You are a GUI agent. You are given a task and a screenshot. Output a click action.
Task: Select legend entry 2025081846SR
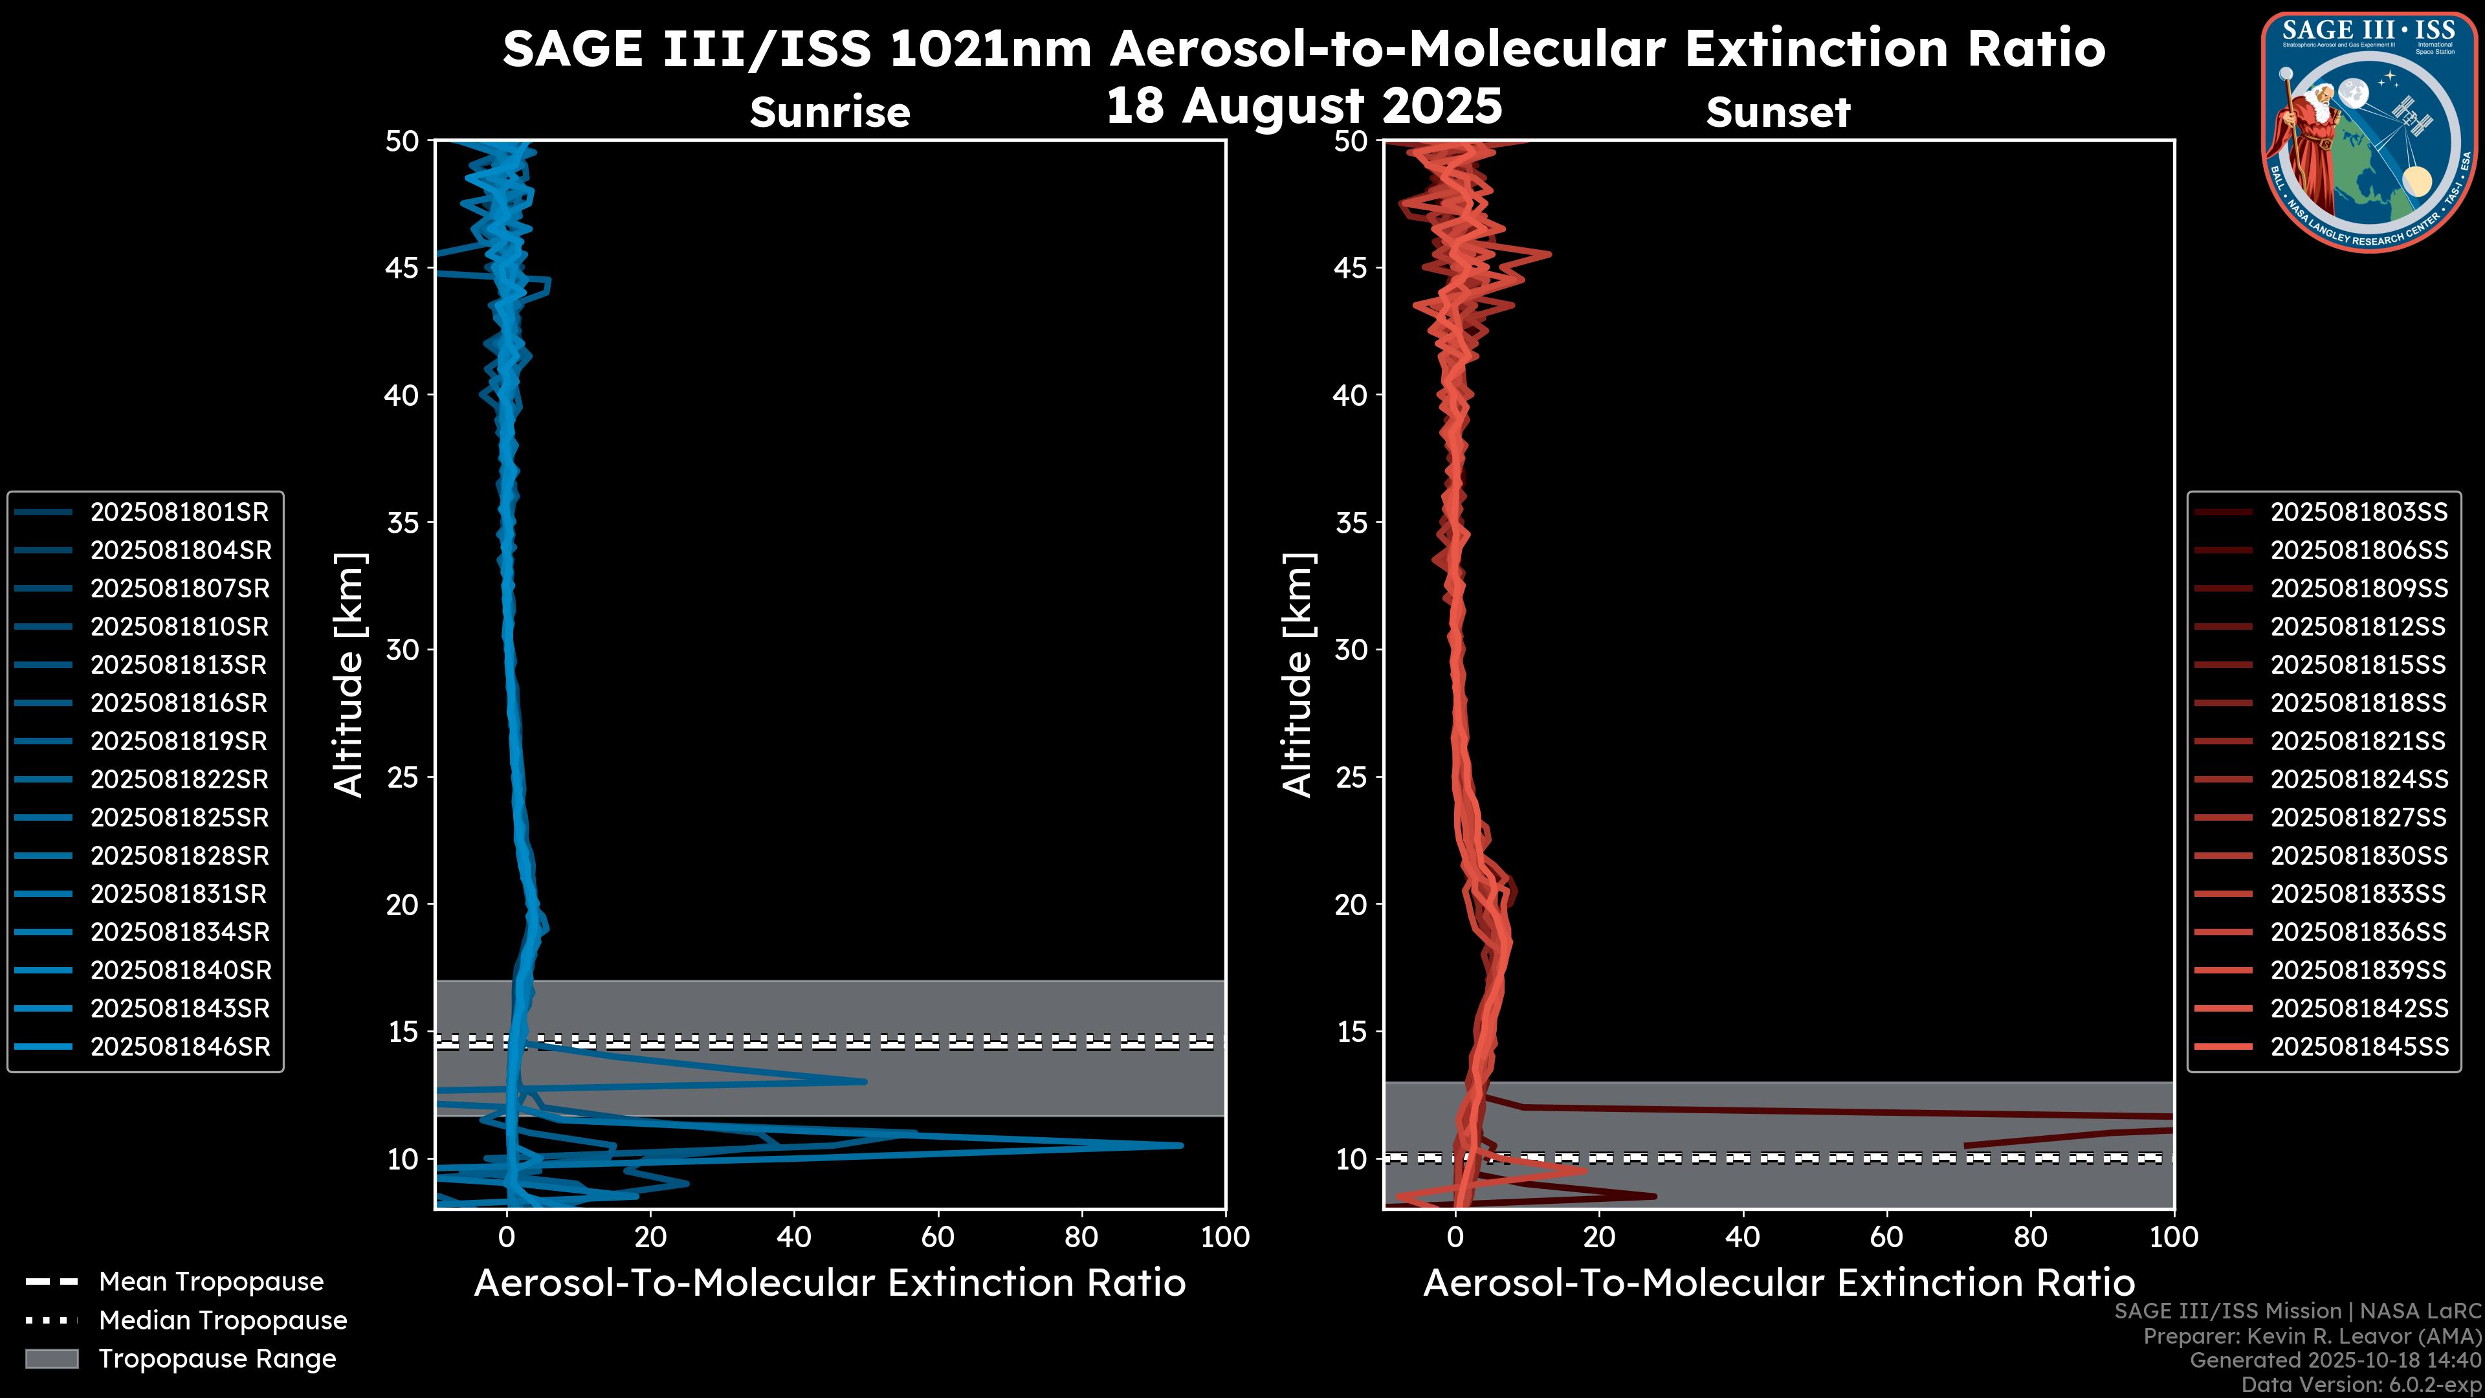[179, 1047]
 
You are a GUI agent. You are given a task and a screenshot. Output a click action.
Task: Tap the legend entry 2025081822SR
[179, 779]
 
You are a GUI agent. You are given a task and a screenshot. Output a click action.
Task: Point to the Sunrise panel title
[830, 113]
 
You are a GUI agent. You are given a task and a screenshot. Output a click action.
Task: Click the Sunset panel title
[1778, 113]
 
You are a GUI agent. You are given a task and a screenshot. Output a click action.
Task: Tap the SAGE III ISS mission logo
[2369, 131]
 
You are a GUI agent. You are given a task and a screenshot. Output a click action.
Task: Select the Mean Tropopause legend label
[211, 1282]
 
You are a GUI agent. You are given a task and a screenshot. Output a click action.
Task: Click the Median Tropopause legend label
[223, 1321]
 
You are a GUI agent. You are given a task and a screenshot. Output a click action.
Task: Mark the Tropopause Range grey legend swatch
[52, 1359]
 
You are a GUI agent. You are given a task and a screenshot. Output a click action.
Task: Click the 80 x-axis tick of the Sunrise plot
[1081, 1237]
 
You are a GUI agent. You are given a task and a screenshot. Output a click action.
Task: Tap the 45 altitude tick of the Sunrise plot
[403, 268]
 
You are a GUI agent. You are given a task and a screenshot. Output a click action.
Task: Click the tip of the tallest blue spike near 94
[1181, 1145]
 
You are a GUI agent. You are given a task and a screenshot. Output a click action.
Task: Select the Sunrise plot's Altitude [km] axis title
[349, 674]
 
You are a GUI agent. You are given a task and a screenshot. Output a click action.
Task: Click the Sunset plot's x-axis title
[1778, 1283]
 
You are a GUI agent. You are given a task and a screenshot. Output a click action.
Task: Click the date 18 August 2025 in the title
[1303, 106]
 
